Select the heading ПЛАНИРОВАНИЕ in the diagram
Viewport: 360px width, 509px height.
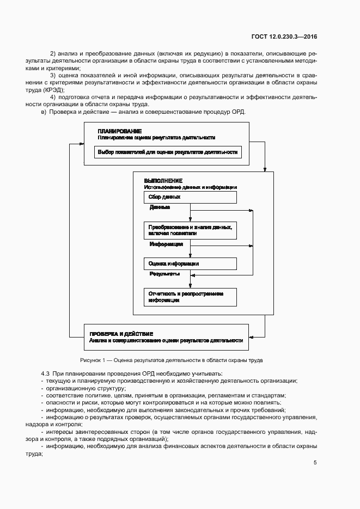119,131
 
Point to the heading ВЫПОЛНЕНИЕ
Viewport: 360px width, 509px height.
163,180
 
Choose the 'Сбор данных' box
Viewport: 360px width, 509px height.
190,197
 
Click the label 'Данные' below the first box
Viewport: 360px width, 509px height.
160,207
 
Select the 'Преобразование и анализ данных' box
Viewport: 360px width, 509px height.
190,230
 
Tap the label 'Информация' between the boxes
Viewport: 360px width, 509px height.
166,244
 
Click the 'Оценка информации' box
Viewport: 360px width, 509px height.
190,263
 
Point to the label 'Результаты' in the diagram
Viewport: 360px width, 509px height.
164,274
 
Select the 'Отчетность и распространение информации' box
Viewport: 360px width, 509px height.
190,297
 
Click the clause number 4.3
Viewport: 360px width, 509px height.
45,373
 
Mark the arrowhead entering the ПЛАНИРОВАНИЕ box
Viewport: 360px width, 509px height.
81,144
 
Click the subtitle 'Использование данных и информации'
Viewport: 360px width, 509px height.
190,187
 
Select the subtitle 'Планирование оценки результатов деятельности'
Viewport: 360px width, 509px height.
156,138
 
